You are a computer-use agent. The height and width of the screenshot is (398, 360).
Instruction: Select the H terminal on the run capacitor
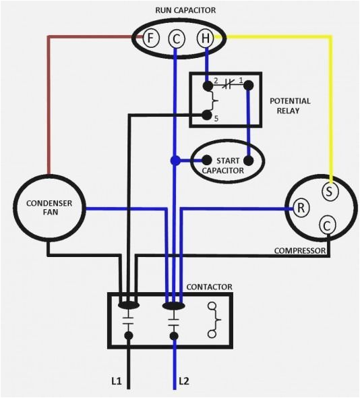tap(205, 38)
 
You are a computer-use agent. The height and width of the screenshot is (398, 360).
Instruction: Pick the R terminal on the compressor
tap(301, 208)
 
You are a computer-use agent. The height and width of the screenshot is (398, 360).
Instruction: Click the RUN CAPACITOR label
tap(177, 9)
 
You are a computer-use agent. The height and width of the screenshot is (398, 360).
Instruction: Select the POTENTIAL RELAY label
tap(290, 107)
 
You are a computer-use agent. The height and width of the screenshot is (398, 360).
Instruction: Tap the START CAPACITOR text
tap(227, 165)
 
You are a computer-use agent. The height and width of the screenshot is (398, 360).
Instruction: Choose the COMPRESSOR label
tap(300, 251)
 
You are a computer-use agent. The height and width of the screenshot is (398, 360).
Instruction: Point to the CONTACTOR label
tap(209, 287)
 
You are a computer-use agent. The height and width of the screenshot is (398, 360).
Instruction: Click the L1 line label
tap(116, 382)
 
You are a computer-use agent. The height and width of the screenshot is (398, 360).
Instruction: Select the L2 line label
tap(185, 382)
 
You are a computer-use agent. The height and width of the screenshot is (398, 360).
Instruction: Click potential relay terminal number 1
tap(248, 86)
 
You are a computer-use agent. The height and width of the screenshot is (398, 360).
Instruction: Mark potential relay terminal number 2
tap(207, 86)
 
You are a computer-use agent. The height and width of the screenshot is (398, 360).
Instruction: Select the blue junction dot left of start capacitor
tap(175, 161)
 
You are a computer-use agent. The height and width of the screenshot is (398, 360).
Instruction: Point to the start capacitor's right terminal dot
tap(248, 161)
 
